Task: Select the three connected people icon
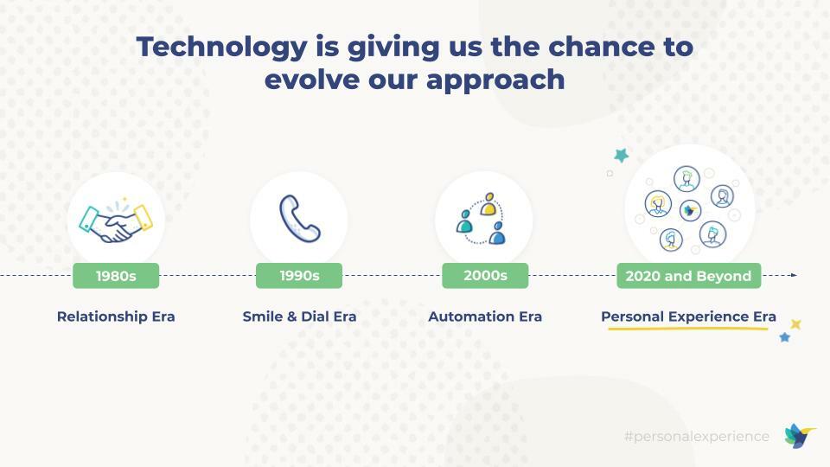coord(482,220)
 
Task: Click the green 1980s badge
coord(116,276)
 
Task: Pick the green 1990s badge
coord(299,276)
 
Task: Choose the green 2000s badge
coord(485,276)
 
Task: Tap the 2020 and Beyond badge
coord(688,276)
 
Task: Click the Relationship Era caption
coord(116,317)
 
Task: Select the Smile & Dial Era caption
coord(299,317)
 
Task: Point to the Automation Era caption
coord(485,317)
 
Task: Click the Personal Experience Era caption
coord(688,317)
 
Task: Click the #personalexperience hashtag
coord(696,437)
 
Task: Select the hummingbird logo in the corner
coord(799,436)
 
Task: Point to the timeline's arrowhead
coord(793,275)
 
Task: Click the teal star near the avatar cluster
coord(621,156)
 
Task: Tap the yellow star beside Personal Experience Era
coord(795,324)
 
